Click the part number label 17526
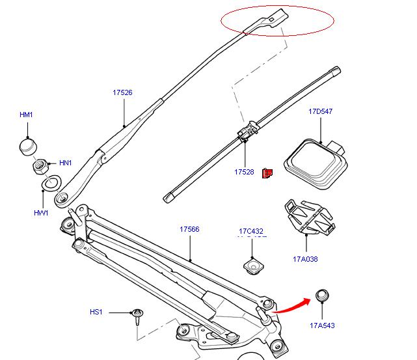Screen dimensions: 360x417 [x=122, y=92]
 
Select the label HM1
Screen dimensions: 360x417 [x=26, y=115]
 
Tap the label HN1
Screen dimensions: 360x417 [x=66, y=163]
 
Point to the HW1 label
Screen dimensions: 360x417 [x=41, y=213]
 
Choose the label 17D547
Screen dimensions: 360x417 [x=320, y=111]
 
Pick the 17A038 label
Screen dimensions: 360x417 [x=305, y=258]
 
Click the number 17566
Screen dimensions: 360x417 [x=189, y=229]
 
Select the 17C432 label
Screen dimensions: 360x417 [x=250, y=231]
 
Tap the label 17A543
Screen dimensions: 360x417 [x=322, y=325]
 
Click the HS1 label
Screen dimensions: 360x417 [x=96, y=312]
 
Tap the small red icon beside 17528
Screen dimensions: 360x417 [x=267, y=173]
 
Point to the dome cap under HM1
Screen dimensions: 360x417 [x=27, y=146]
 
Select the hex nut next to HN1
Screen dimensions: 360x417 [x=39, y=166]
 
